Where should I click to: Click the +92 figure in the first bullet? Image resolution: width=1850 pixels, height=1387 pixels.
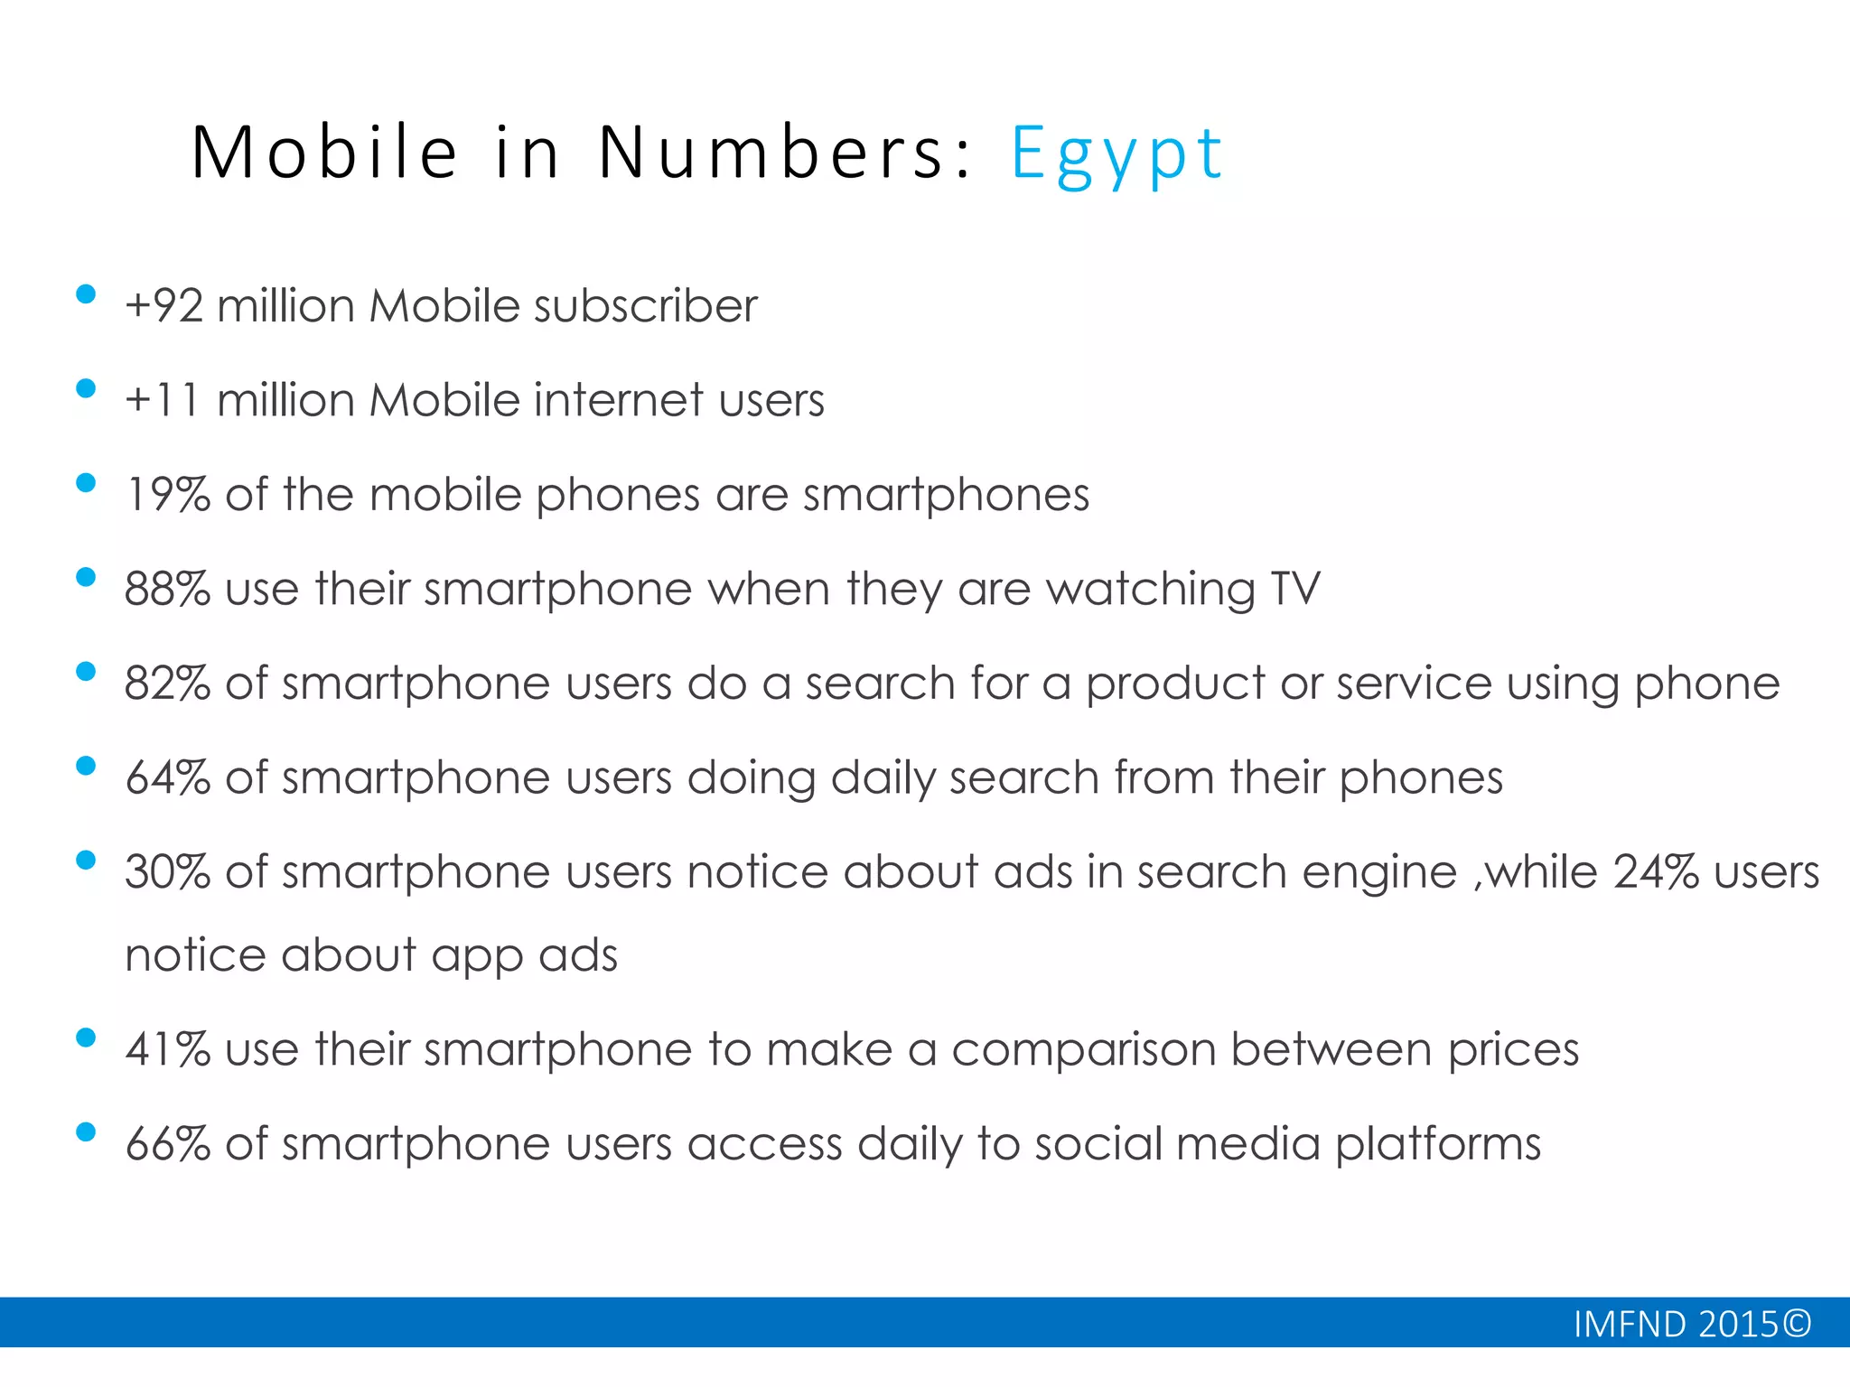click(164, 306)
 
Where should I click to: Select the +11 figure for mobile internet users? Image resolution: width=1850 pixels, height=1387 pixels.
click(163, 400)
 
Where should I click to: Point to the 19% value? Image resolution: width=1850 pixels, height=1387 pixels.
click(168, 495)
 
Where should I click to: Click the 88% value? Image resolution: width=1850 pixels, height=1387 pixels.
click(168, 589)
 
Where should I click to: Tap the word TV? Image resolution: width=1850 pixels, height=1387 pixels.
click(1295, 589)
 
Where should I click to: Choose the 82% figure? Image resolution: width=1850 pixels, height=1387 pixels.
click(168, 684)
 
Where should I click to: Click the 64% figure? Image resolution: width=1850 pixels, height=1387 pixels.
click(168, 777)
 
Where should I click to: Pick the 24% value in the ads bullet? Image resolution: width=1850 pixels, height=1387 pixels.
click(1656, 872)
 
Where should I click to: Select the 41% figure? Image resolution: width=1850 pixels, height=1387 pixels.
click(168, 1049)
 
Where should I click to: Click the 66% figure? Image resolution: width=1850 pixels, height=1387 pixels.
click(168, 1144)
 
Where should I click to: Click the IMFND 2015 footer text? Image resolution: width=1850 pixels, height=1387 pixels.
click(1692, 1325)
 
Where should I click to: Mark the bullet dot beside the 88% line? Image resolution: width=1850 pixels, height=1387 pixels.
click(86, 577)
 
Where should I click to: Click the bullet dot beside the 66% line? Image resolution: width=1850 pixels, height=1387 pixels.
click(86, 1132)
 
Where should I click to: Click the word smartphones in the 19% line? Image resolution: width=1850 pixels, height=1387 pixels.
click(946, 496)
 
